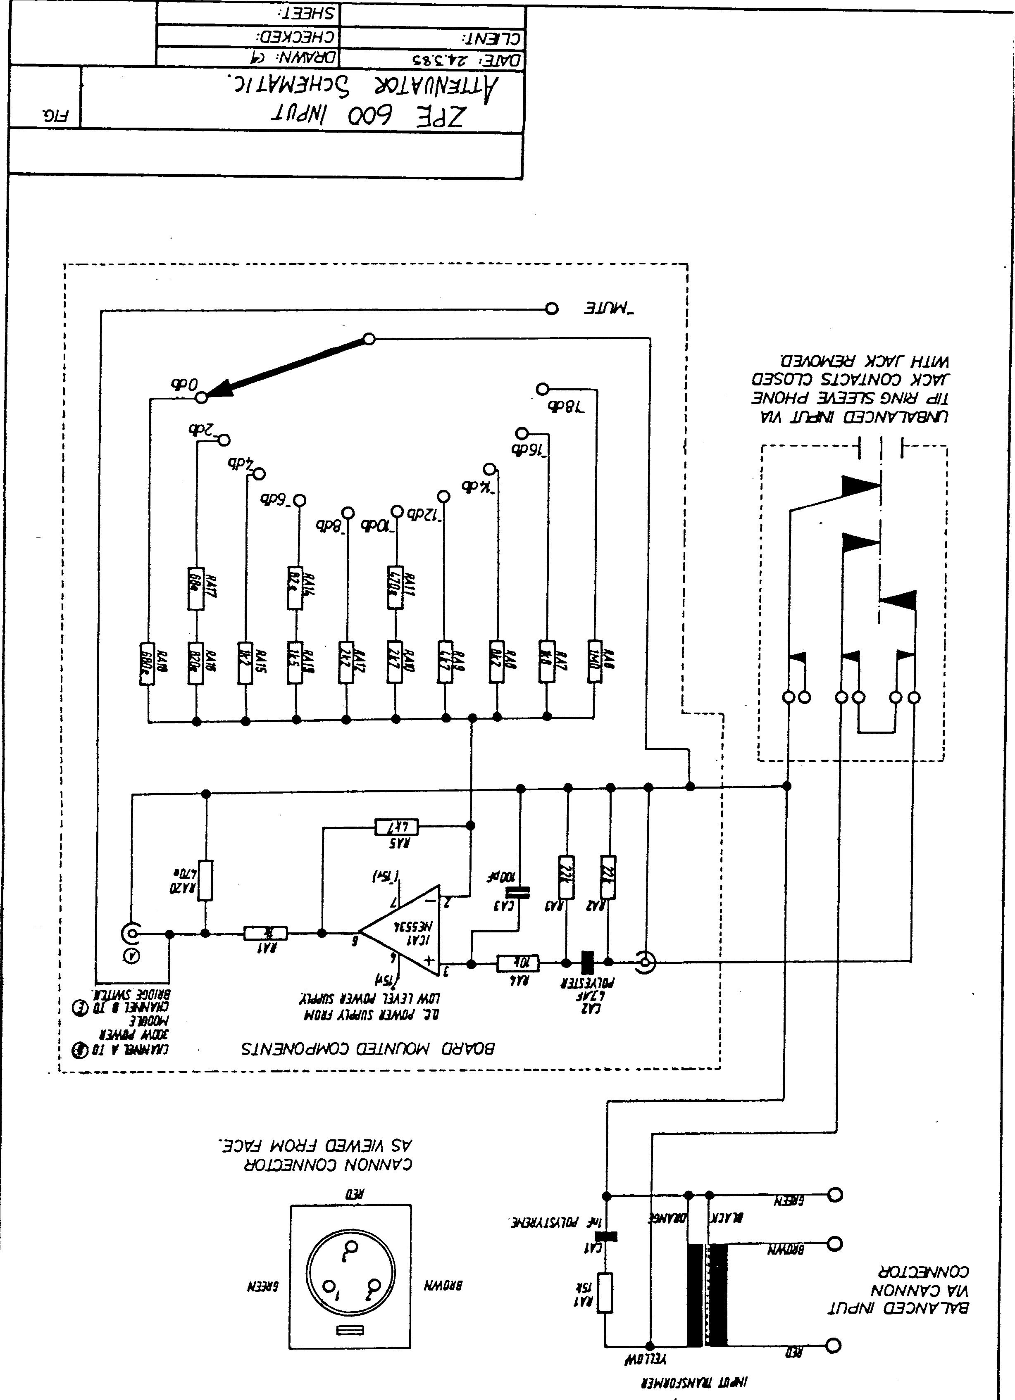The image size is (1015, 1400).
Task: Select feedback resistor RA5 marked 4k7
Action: pyautogui.click(x=396, y=826)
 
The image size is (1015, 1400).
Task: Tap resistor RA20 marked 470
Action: pyautogui.click(x=205, y=879)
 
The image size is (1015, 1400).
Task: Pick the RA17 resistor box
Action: pyautogui.click(x=195, y=588)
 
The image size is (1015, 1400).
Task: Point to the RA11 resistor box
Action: pyautogui.click(x=395, y=588)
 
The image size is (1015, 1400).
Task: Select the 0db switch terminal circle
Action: pyautogui.click(x=201, y=398)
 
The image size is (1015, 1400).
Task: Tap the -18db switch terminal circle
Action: pyautogui.click(x=542, y=389)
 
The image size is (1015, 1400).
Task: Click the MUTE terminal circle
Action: pyautogui.click(x=552, y=308)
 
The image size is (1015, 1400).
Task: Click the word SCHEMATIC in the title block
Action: pyautogui.click(x=296, y=86)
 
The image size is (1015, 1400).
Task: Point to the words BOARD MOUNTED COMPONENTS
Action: pyautogui.click(x=367, y=1048)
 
